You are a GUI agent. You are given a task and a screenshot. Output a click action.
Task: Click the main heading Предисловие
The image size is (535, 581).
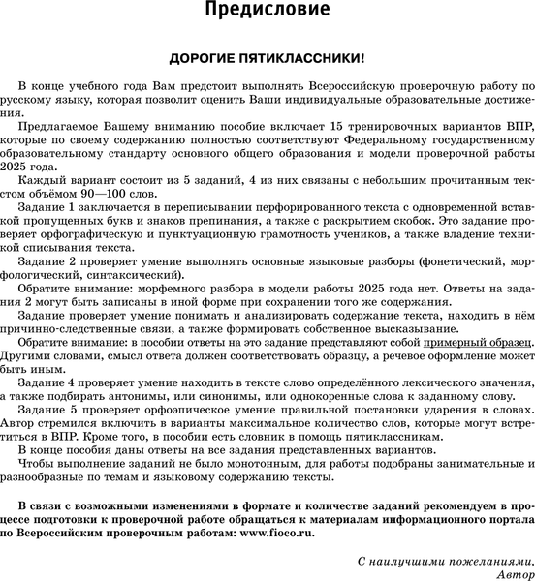tap(267, 13)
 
